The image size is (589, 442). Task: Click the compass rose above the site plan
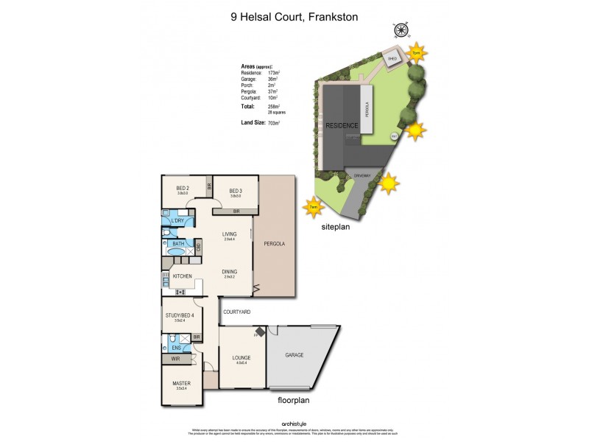[401, 30]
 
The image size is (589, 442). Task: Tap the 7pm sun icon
[417, 53]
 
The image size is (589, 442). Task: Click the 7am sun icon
[314, 208]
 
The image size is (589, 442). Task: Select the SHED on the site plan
[392, 59]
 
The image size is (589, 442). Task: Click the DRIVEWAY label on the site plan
[361, 176]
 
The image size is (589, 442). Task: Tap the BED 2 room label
[183, 189]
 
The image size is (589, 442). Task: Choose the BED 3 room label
[236, 189]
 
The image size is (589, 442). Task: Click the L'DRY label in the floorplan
[177, 221]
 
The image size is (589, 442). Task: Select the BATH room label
[178, 244]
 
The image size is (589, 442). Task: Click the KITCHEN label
[183, 276]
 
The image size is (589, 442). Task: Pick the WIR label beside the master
[175, 359]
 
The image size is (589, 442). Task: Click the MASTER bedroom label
[181, 383]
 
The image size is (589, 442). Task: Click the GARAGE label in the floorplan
[294, 355]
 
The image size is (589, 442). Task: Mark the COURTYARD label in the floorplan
[237, 312]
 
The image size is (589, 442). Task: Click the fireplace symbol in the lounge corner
[259, 331]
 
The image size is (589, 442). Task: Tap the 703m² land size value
[279, 122]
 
